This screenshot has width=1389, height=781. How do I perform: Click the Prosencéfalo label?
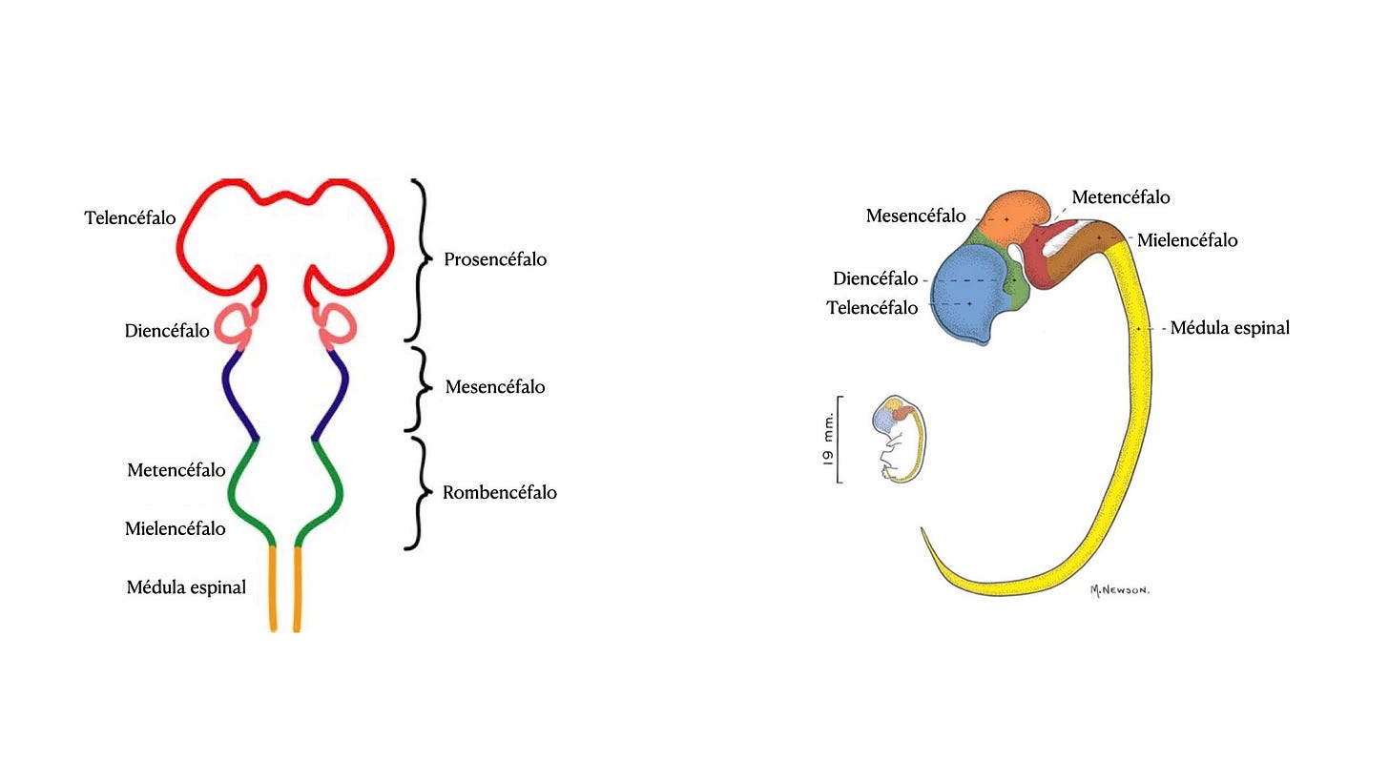click(495, 259)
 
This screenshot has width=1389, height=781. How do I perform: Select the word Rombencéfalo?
click(499, 493)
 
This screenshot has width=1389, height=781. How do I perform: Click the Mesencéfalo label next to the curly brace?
click(495, 387)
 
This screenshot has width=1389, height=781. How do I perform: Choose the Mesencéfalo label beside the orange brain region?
click(915, 216)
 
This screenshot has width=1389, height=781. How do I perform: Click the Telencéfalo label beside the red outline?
click(130, 218)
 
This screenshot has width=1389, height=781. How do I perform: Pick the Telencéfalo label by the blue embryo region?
click(872, 308)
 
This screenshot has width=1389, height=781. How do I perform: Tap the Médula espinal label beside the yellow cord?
click(1230, 328)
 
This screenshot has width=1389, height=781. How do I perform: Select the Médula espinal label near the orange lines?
click(186, 587)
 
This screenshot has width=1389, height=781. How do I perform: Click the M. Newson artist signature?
click(1119, 590)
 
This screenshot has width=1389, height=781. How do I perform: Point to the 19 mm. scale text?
click(827, 438)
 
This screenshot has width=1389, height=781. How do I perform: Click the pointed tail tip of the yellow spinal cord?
click(923, 530)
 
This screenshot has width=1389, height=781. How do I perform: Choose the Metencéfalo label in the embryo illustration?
click(1120, 197)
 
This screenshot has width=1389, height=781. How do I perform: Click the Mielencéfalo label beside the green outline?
click(176, 528)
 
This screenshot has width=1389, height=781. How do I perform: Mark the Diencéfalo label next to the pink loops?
click(167, 331)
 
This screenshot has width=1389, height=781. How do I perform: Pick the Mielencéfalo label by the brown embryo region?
click(1187, 240)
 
